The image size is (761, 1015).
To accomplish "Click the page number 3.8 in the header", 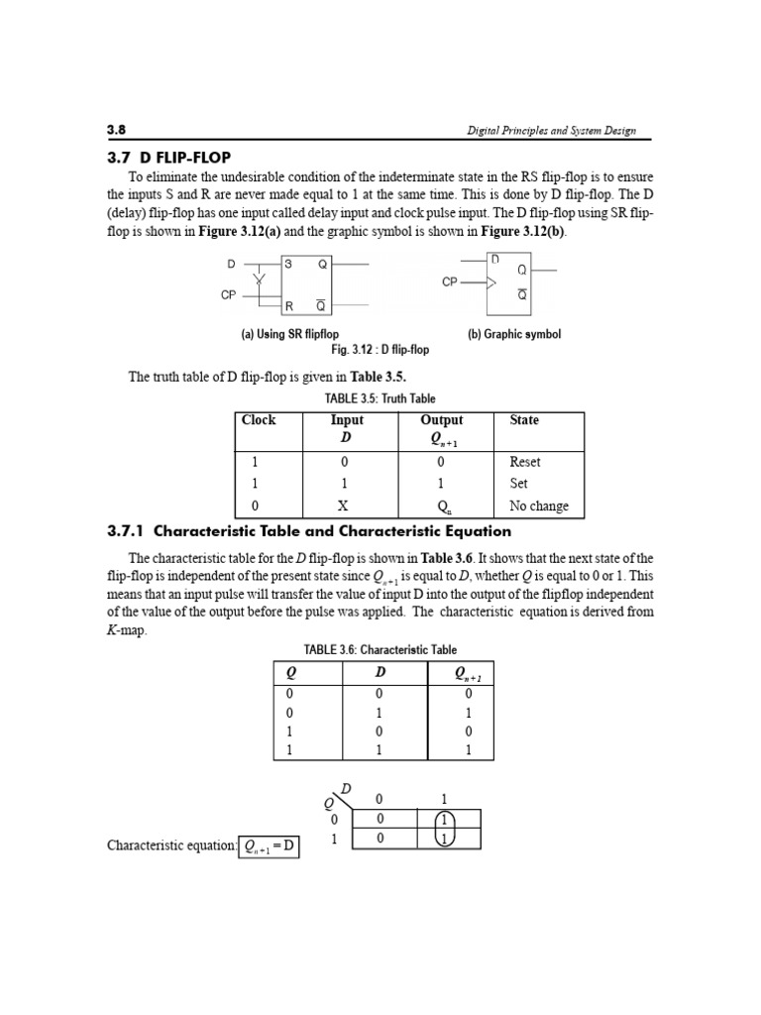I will tap(117, 130).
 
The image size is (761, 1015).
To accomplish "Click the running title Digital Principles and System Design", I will tap(552, 131).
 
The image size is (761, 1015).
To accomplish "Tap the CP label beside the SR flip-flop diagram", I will tap(228, 294).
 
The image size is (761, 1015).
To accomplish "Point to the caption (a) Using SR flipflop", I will tap(289, 334).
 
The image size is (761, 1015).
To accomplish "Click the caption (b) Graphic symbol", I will tap(513, 334).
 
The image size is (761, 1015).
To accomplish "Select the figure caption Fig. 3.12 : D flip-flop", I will tap(380, 349).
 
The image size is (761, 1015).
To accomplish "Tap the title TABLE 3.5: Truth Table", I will tap(380, 398).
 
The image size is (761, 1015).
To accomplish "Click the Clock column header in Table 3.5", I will tap(259, 420).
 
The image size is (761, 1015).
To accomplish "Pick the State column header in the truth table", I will tap(524, 420).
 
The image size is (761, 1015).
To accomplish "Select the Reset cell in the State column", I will tap(525, 462).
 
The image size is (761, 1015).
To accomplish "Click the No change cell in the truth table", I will tap(539, 506).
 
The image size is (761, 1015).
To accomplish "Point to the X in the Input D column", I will tap(343, 506).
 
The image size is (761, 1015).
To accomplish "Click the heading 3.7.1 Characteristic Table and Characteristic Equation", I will tap(309, 531).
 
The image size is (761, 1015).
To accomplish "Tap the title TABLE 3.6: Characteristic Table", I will tap(380, 650).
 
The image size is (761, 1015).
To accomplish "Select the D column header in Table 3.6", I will tap(380, 673).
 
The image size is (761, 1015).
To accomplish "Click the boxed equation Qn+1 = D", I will tap(270, 846).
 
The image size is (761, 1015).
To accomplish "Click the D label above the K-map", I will tap(346, 789).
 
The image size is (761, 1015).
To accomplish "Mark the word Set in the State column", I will tap(519, 484).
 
